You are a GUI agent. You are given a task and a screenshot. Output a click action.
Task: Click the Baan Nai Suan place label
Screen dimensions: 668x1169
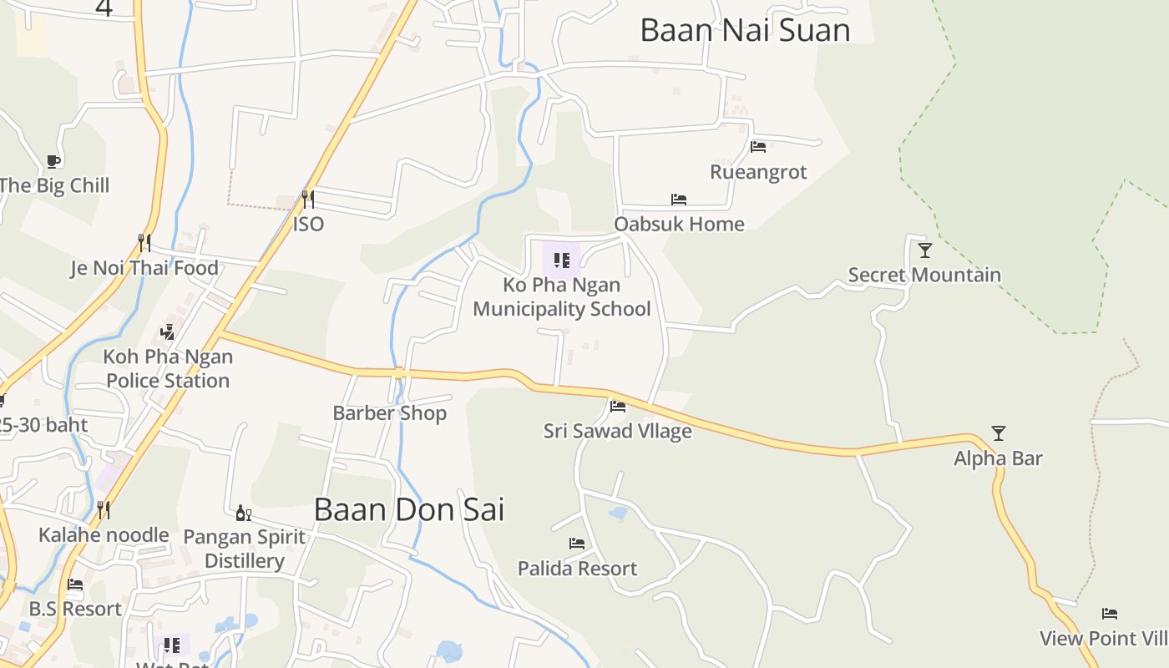pyautogui.click(x=745, y=30)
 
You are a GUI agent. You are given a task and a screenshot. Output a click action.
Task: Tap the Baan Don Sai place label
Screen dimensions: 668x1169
pyautogui.click(x=409, y=509)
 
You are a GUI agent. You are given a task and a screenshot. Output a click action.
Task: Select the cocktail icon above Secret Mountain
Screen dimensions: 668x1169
pyautogui.click(x=924, y=250)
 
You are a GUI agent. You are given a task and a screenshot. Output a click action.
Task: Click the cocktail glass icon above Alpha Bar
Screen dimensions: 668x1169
pyautogui.click(x=998, y=433)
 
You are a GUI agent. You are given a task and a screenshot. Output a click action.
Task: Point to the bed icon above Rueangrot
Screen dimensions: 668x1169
pyautogui.click(x=758, y=147)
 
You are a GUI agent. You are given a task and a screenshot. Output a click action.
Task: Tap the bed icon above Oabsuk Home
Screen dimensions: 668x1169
pyautogui.click(x=679, y=200)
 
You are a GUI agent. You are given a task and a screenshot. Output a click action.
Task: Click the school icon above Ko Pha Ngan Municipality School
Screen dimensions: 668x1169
pyautogui.click(x=561, y=260)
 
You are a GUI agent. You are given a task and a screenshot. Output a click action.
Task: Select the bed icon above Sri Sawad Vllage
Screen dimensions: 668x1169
pyautogui.click(x=618, y=407)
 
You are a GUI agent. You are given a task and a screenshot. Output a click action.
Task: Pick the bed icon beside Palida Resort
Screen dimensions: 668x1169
pyautogui.click(x=577, y=544)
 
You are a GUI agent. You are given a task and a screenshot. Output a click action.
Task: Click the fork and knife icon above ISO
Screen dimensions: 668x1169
pyautogui.click(x=308, y=199)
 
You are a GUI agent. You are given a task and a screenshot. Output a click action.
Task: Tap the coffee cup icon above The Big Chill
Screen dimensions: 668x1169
pyautogui.click(x=53, y=160)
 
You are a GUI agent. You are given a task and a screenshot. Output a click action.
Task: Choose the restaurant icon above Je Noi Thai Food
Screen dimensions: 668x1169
pyautogui.click(x=144, y=243)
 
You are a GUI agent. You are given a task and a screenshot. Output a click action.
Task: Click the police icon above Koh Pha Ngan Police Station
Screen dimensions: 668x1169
pyautogui.click(x=167, y=331)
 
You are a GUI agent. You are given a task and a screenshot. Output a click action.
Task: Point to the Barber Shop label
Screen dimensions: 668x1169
pyautogui.click(x=389, y=412)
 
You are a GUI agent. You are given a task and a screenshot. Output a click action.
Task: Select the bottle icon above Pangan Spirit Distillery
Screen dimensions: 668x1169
pyautogui.click(x=244, y=513)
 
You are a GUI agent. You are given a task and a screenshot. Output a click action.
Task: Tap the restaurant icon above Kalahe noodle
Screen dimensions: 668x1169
pyautogui.click(x=104, y=509)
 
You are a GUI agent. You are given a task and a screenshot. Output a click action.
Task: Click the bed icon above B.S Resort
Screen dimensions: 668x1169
pyautogui.click(x=75, y=584)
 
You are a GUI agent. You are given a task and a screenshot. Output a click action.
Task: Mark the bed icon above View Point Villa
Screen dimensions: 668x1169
pyautogui.click(x=1110, y=614)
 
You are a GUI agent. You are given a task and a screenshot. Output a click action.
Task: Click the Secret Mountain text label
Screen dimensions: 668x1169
pyautogui.click(x=924, y=275)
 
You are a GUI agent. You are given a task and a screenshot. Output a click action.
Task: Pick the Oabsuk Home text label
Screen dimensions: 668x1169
pyautogui.click(x=679, y=224)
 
